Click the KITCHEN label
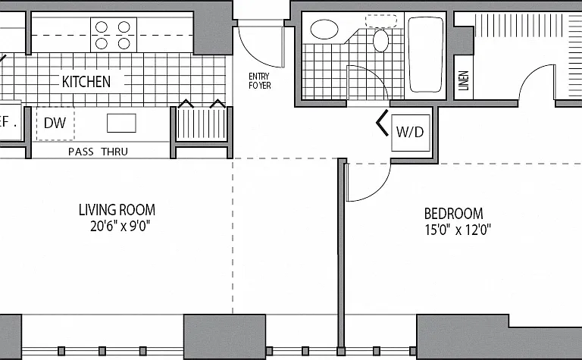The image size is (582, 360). tap(86, 82)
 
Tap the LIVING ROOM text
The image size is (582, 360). tap(117, 210)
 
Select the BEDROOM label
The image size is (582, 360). tap(454, 214)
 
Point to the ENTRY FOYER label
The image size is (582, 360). tap(259, 81)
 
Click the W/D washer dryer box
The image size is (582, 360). tap(411, 133)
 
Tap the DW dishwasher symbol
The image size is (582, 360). tap(55, 124)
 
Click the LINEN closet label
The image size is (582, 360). tap(464, 80)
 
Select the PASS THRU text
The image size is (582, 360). tap(98, 152)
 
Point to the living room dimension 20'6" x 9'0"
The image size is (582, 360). tap(120, 226)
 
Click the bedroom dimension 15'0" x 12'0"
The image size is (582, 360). tap(458, 230)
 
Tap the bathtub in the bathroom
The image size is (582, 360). tap(425, 55)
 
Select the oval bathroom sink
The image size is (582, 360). tap(324, 30)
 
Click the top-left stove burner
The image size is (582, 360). tap(102, 27)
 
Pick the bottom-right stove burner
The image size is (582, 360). tap(124, 44)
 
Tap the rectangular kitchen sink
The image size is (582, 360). tap(121, 124)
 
